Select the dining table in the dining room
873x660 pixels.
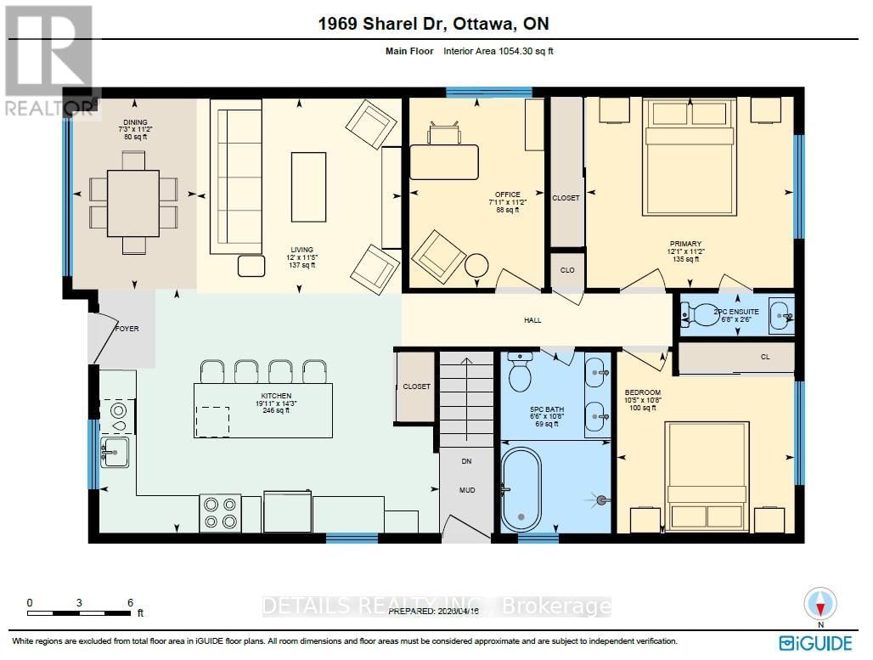(133, 202)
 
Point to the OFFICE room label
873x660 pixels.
(508, 195)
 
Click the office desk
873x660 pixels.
(444, 161)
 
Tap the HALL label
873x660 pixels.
(532, 320)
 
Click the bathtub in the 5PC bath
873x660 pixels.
(519, 489)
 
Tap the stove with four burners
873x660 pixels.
(220, 512)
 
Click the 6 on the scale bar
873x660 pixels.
(130, 601)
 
